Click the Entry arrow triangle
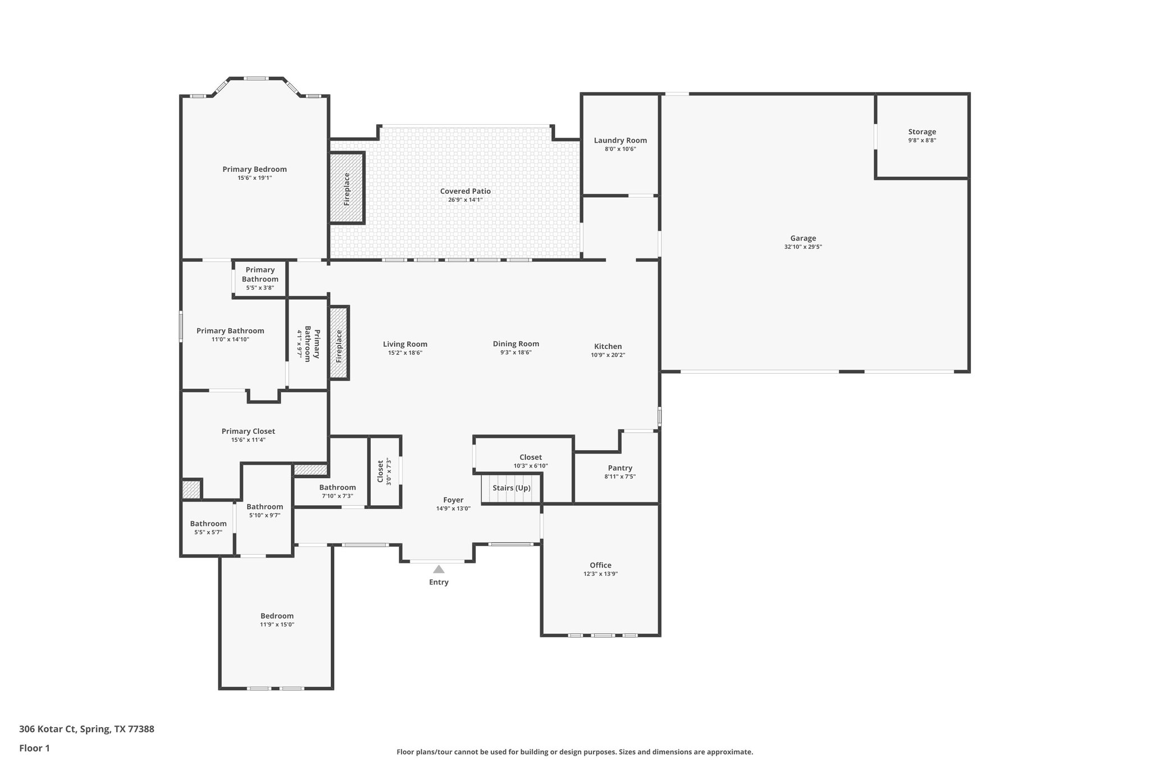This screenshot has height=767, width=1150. coord(439,569)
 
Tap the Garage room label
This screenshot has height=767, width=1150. coord(803,238)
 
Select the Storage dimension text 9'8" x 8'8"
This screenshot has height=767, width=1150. coord(922,140)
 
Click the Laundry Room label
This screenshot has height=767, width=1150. coord(620,140)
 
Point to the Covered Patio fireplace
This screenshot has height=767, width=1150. coord(347,188)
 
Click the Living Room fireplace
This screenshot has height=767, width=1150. coord(339,343)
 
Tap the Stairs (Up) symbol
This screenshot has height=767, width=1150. coord(511,488)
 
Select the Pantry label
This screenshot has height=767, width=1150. coord(620,468)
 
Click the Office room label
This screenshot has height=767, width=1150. coord(600,565)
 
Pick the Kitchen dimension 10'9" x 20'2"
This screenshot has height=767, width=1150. coord(608,355)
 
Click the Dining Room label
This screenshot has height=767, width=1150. coord(516,344)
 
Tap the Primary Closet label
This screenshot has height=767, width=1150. coord(248,432)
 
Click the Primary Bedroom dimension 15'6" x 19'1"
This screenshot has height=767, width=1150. coord(254,178)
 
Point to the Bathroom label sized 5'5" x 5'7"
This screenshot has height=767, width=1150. coord(208,524)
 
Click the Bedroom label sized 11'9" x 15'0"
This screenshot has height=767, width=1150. coord(277,616)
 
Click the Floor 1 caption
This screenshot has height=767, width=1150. coord(34,748)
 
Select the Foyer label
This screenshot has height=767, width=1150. coord(453,500)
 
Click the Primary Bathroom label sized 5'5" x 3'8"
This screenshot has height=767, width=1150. coord(260,274)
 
